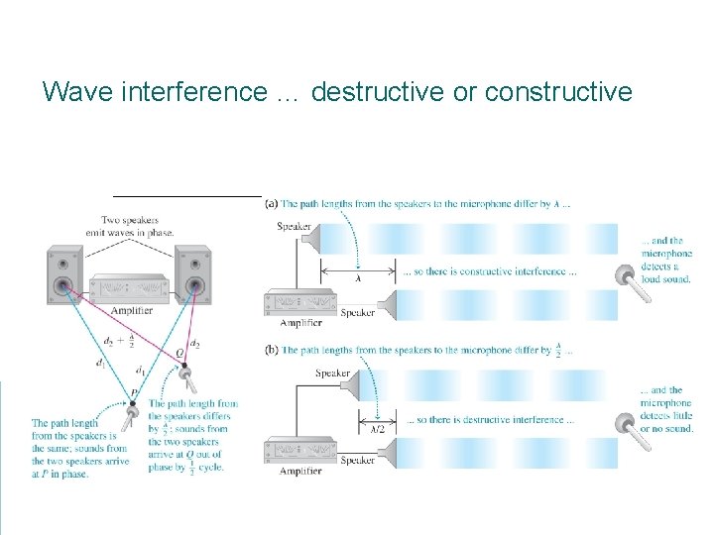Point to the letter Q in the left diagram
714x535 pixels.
coord(178,353)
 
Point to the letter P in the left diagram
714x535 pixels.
coord(133,393)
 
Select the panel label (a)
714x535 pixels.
coord(271,204)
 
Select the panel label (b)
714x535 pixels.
coord(271,350)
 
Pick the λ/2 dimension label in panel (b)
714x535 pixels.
coord(377,427)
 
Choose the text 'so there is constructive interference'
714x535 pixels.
coord(487,271)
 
